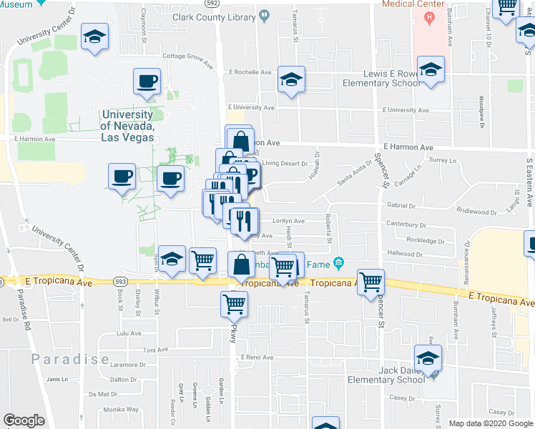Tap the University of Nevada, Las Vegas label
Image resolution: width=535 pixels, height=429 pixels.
click(x=127, y=126)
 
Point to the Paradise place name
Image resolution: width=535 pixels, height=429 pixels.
click(x=69, y=359)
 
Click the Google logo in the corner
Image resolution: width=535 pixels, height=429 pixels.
click(x=24, y=420)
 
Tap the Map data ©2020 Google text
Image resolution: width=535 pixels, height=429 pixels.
click(x=490, y=423)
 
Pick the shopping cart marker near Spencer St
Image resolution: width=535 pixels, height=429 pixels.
click(x=370, y=282)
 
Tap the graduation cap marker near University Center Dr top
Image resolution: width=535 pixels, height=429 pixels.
click(x=94, y=38)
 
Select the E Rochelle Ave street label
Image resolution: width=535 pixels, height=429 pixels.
click(x=250, y=72)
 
